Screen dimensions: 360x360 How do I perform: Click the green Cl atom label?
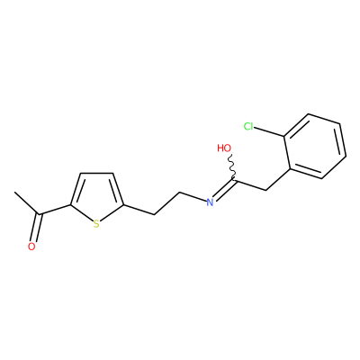pyautogui.click(x=248, y=126)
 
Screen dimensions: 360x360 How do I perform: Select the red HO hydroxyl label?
pyautogui.click(x=224, y=148)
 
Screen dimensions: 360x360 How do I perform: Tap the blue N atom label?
pyautogui.click(x=210, y=202)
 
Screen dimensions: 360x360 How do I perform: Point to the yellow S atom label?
pyautogui.click(x=96, y=224)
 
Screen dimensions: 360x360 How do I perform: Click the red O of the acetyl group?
pyautogui.click(x=31, y=247)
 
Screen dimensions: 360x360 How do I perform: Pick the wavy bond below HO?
pyautogui.click(x=231, y=167)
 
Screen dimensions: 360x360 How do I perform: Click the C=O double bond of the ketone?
pyautogui.click(x=37, y=228)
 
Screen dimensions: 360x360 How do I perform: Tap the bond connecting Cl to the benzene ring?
pyautogui.click(x=269, y=132)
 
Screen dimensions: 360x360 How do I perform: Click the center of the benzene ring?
pyautogui.click(x=315, y=147)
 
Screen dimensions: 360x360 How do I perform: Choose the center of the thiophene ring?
pyautogui.click(x=96, y=198)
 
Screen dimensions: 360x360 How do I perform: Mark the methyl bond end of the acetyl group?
pyautogui.click(x=14, y=193)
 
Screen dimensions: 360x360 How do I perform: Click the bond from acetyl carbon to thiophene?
pyautogui.click(x=55, y=210)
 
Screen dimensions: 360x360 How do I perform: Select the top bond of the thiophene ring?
pyautogui.click(x=96, y=173)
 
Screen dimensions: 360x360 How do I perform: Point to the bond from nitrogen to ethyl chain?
pyautogui.click(x=193, y=195)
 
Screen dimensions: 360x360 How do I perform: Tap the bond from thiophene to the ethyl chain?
pyautogui.click(x=139, y=210)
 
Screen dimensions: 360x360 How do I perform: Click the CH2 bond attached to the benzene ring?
pyautogui.click(x=278, y=179)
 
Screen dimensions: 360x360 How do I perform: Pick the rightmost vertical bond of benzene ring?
pyautogui.click(x=343, y=139)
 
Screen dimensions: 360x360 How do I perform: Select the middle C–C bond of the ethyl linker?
pyautogui.click(x=166, y=203)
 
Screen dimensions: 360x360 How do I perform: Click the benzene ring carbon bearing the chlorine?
pyautogui.click(x=284, y=138)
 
